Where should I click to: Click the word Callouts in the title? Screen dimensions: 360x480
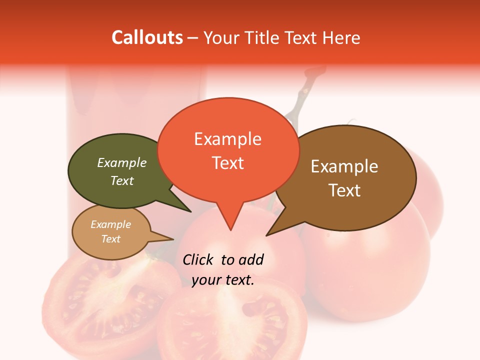[147, 37]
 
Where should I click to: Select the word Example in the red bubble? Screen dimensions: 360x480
[227, 139]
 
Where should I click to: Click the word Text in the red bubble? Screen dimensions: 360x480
[227, 163]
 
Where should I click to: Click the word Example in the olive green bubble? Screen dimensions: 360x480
[122, 162]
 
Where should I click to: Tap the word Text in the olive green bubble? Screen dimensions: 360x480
[122, 180]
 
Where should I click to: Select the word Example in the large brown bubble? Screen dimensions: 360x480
[344, 166]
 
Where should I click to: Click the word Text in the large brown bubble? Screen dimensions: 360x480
[344, 190]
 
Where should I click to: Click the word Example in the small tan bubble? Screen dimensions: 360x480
[110, 224]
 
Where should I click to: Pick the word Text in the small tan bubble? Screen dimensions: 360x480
[110, 239]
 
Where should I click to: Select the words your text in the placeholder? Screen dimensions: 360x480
[223, 280]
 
